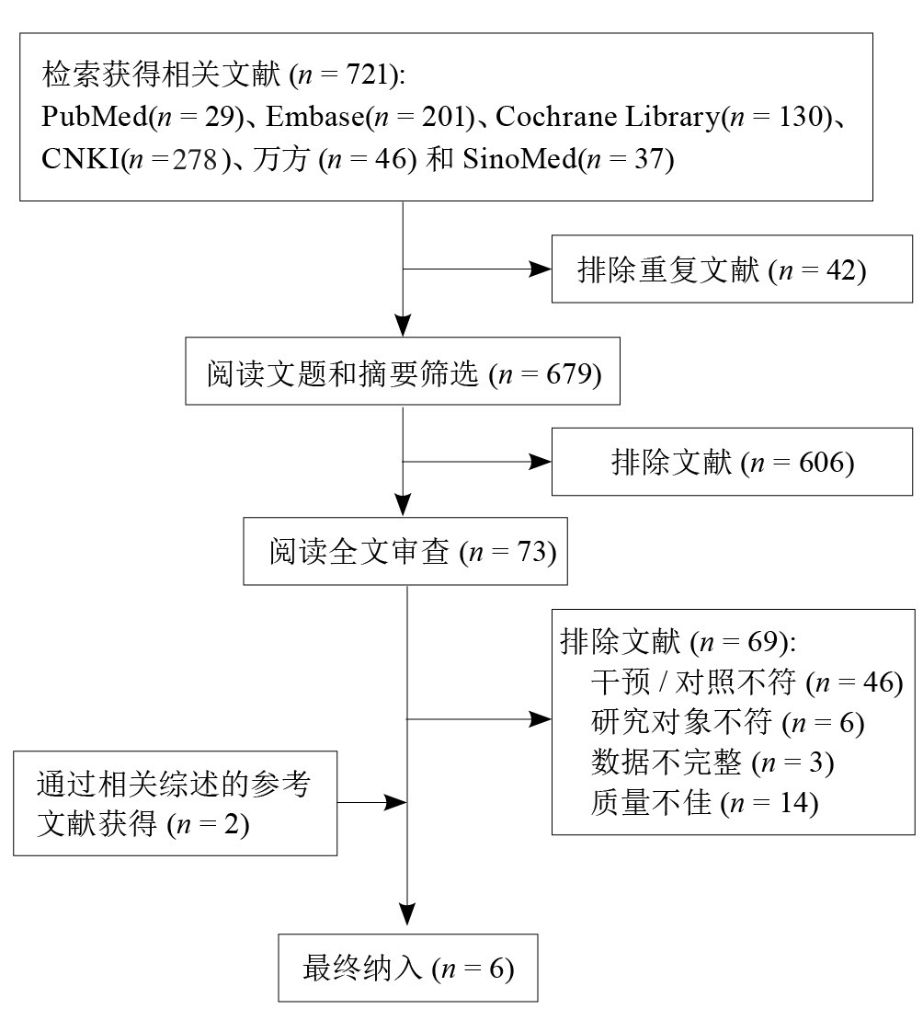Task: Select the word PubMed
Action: (95, 117)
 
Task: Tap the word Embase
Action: (315, 117)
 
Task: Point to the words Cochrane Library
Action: (608, 117)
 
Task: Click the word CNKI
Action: (81, 159)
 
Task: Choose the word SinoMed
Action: (519, 159)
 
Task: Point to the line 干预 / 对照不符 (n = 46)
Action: (746, 682)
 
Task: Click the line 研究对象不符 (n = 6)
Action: (727, 723)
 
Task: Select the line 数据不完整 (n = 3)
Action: (712, 763)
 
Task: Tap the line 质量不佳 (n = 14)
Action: (704, 803)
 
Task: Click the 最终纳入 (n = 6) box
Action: (408, 969)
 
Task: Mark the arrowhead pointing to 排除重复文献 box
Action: (541, 269)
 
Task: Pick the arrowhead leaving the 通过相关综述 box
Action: (395, 803)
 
